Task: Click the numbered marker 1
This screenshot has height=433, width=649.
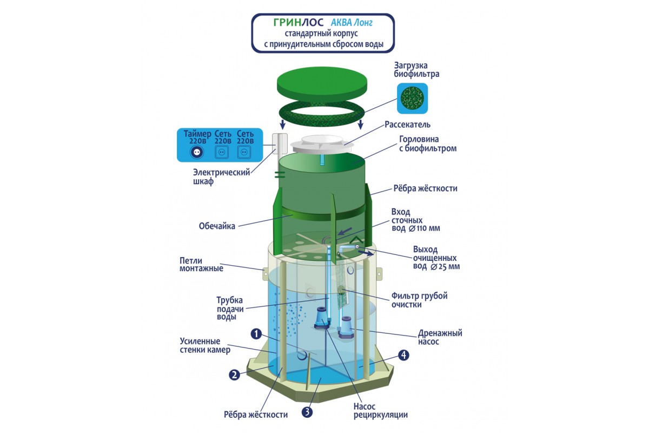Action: pos(256,334)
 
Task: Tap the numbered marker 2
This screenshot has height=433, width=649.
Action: pos(234,375)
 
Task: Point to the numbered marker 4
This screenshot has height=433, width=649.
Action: pos(402,355)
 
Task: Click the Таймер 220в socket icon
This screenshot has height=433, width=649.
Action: pos(196,153)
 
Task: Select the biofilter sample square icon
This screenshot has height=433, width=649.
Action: pos(412,99)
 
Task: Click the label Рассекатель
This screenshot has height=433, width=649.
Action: pos(407,124)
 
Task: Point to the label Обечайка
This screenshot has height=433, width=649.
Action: pos(216,226)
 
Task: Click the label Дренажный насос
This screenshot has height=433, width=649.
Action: pos(440,337)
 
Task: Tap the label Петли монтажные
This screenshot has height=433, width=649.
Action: pos(202,264)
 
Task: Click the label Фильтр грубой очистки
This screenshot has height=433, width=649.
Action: pos(420,300)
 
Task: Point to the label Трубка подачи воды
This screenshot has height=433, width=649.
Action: pos(230,309)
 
